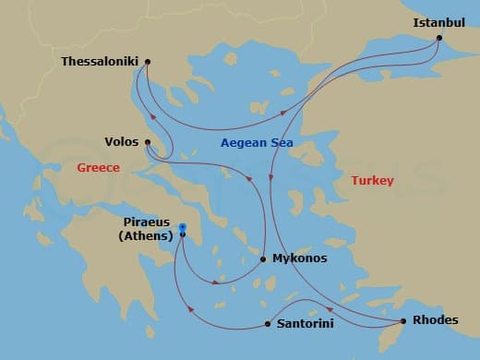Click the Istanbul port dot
pyautogui.click(x=438, y=39)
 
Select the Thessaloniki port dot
pyautogui.click(x=148, y=62)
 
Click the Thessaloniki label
pyautogui.click(x=99, y=62)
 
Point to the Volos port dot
pyautogui.click(x=148, y=142)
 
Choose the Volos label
pyautogui.click(x=122, y=142)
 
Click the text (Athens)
pyautogui.click(x=147, y=236)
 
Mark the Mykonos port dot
pyautogui.click(x=263, y=259)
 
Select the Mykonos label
pyautogui.click(x=299, y=258)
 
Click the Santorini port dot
pyautogui.click(x=268, y=324)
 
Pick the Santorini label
pyautogui.click(x=306, y=324)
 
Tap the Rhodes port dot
pyautogui.click(x=403, y=321)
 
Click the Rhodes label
pyautogui.click(x=435, y=321)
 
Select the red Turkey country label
pyautogui.click(x=373, y=181)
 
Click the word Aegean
pyautogui.click(x=242, y=143)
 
